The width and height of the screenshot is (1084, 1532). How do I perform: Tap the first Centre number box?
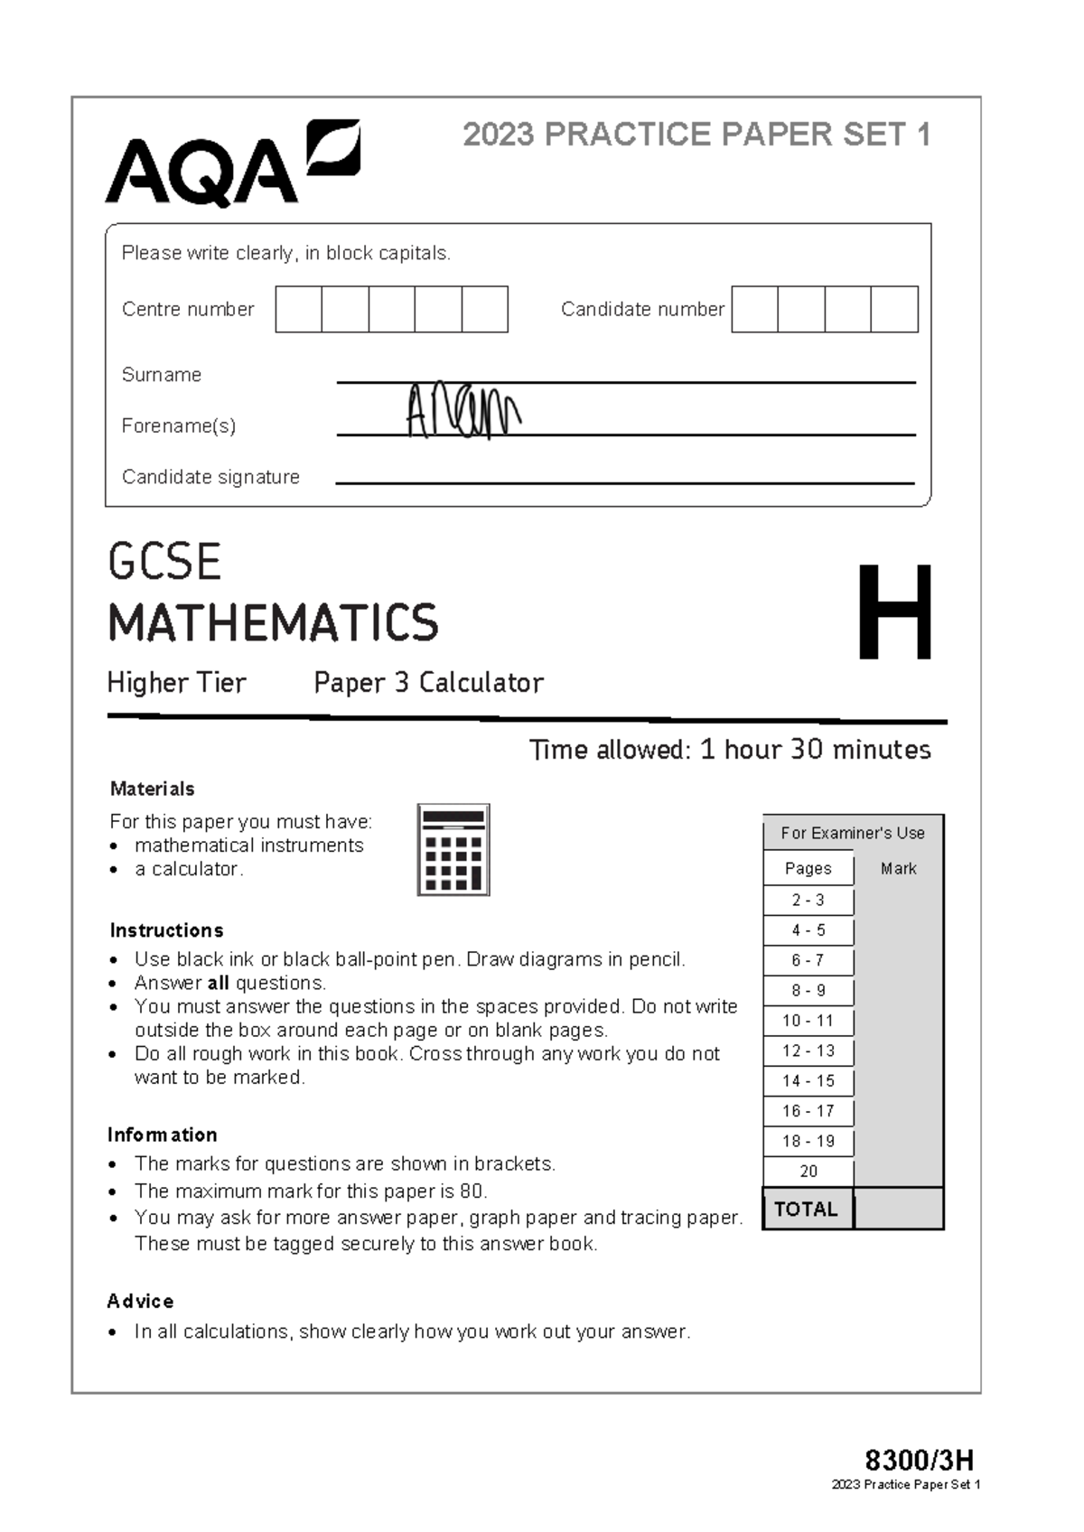[299, 309]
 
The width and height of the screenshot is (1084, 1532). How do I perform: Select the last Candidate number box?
[894, 309]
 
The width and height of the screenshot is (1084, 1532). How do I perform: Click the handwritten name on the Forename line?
[462, 411]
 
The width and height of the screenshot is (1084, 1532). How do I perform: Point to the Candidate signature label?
[210, 477]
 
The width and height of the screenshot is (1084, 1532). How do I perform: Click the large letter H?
[894, 613]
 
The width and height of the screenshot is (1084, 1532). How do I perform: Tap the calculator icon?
[453, 850]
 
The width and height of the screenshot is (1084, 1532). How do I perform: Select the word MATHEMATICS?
[273, 623]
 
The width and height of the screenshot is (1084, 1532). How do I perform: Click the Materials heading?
[152, 789]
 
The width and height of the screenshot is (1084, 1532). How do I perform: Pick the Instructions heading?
[166, 930]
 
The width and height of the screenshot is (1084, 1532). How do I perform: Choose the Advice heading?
[140, 1301]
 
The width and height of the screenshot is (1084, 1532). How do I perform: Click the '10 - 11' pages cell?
[808, 1021]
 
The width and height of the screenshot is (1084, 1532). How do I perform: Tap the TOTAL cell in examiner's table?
[807, 1209]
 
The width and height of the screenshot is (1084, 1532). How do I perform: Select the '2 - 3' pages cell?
[808, 900]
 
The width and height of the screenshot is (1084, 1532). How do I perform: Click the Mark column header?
[898, 868]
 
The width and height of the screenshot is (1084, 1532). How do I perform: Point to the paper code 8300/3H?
[919, 1461]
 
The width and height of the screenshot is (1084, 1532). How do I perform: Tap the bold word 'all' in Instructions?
[218, 983]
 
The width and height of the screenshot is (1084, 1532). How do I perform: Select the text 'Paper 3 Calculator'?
[428, 683]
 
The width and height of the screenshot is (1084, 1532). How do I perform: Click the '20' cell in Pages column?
[808, 1172]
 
